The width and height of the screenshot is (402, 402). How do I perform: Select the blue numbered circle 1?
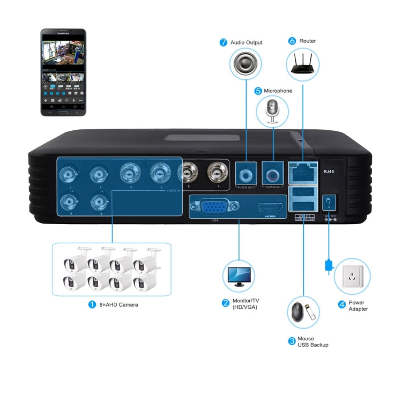click(x=92, y=304)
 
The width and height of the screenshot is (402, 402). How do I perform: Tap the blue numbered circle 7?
click(x=224, y=42)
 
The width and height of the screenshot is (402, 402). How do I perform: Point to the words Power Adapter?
click(x=358, y=306)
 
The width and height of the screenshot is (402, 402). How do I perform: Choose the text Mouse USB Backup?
click(x=312, y=341)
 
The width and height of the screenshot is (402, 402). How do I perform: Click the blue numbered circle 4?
click(x=341, y=304)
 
